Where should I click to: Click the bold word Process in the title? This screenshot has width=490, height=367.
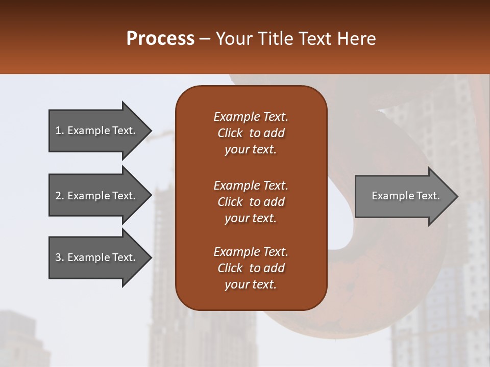(160, 39)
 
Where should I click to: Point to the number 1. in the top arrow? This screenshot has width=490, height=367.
(60, 130)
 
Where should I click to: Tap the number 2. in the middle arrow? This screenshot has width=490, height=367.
(60, 196)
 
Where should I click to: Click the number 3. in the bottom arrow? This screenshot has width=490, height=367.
(60, 257)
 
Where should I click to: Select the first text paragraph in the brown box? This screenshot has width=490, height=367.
(251, 133)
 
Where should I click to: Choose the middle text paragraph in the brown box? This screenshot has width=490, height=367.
(251, 202)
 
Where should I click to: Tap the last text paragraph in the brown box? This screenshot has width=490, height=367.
(251, 268)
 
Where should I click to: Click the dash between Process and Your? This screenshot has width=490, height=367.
(205, 39)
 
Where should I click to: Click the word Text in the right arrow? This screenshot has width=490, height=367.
(428, 196)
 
